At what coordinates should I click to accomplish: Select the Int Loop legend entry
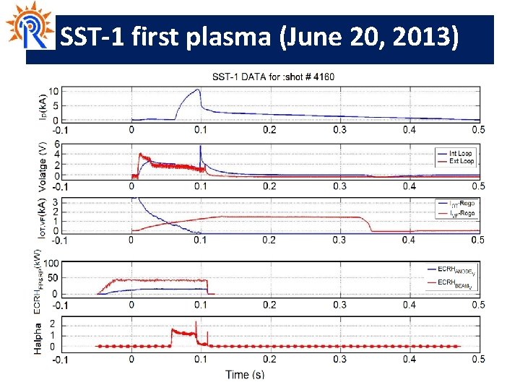(461, 153)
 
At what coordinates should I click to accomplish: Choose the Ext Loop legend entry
(461, 161)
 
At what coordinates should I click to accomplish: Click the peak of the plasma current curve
(197, 90)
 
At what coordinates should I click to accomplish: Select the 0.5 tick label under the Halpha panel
(477, 358)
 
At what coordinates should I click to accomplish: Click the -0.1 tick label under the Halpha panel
(61, 358)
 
